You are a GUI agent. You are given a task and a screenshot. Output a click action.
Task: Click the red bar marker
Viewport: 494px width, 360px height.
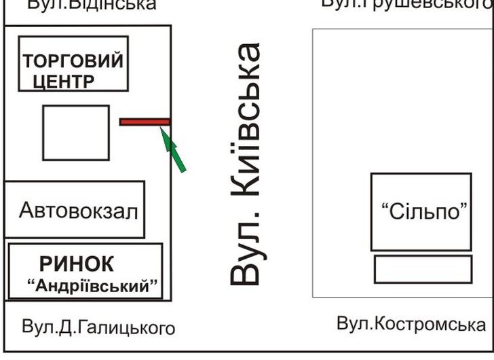145,122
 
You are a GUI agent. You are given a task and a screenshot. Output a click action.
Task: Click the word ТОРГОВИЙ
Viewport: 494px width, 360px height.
73,61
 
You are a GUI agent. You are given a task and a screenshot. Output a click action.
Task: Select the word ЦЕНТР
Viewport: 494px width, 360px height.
64,82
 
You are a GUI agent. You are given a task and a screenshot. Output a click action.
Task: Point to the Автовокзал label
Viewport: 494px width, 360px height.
78,211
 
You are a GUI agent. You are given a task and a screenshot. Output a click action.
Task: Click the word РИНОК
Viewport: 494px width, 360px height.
77,264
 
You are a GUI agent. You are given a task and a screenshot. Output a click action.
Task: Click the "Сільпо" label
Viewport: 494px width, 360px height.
421,211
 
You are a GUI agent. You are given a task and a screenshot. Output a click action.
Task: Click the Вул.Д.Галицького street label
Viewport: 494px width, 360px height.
98,329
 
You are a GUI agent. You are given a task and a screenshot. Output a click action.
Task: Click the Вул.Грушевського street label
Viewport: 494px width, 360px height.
406,4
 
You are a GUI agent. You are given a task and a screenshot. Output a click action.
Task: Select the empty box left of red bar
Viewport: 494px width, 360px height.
76,132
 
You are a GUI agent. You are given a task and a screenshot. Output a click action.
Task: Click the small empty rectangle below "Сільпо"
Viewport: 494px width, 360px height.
423,269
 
